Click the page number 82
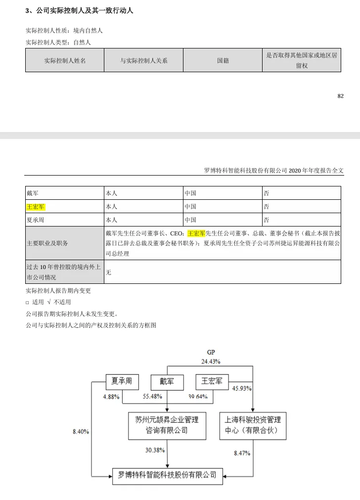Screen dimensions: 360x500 (340, 96)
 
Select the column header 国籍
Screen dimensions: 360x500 (223, 60)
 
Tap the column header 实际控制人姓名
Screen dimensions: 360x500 (65, 60)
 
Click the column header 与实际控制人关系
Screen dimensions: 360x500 (143, 60)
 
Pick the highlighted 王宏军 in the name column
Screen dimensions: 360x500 (36, 206)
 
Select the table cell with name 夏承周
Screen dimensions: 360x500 (36, 220)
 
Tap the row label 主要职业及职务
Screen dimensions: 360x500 (47, 243)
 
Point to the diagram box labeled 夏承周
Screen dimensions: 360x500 (122, 381)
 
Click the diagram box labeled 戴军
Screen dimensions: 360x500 (167, 382)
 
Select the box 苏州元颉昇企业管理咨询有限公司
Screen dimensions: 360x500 (167, 425)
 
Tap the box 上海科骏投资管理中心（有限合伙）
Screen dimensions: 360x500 (252, 425)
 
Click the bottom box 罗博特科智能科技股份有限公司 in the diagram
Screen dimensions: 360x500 (167, 475)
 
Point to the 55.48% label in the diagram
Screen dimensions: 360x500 (152, 397)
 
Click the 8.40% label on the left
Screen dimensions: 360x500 (81, 431)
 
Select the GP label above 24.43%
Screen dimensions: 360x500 (211, 352)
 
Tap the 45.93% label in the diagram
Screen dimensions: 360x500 (242, 388)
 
